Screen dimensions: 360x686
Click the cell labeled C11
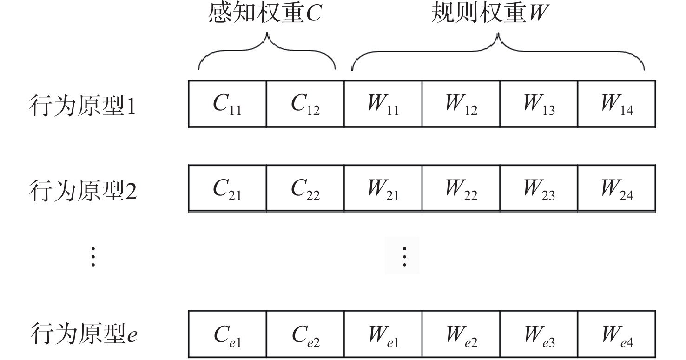tap(227, 104)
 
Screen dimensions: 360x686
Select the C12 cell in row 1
tap(305, 104)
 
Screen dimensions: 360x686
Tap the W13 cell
tap(539, 104)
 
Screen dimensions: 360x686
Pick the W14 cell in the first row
tap(617, 104)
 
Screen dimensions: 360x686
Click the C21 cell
tap(227, 188)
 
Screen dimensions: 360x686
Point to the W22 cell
tap(461, 188)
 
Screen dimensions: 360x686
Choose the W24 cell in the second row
tap(617, 188)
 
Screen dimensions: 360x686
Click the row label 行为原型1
tap(82, 105)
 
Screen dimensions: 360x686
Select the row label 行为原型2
tap(83, 190)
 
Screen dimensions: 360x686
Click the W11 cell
tap(383, 104)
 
